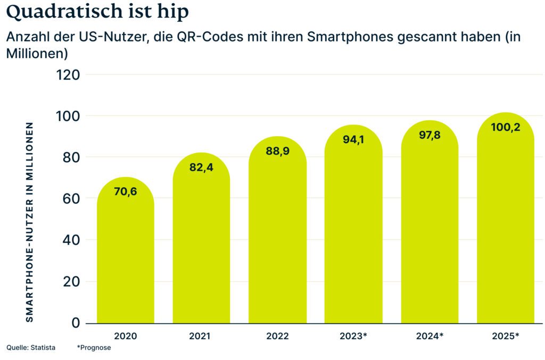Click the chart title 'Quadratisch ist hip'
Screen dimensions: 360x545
98,12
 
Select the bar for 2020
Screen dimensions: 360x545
126,255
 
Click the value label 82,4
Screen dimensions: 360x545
201,167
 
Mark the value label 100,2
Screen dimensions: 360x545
505,128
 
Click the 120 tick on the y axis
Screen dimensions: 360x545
68,74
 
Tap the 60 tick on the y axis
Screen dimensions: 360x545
71,198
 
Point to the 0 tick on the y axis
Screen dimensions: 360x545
75,323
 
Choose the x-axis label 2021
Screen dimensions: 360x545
201,336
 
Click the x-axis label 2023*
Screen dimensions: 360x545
353,336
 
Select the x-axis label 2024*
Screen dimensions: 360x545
429,336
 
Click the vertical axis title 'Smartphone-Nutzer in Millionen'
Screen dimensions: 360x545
30,222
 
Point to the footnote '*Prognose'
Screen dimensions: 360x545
94,348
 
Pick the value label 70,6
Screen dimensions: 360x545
126,191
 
